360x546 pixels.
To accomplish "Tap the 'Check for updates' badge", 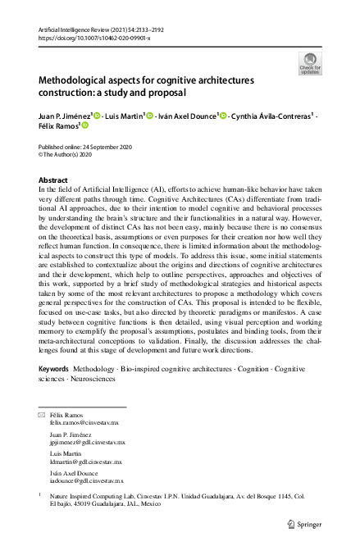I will (309, 64).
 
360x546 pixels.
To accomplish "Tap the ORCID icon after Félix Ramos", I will (84, 126).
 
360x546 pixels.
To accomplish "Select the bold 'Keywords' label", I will (55, 370).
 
